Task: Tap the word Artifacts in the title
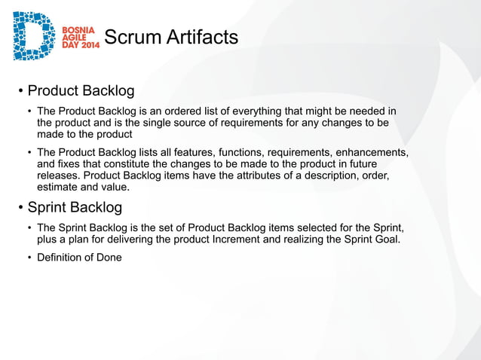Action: [204, 37]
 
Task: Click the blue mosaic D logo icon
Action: [35, 35]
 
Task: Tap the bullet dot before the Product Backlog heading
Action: [21, 92]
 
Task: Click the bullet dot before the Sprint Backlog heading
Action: [21, 207]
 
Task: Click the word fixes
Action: [74, 164]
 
